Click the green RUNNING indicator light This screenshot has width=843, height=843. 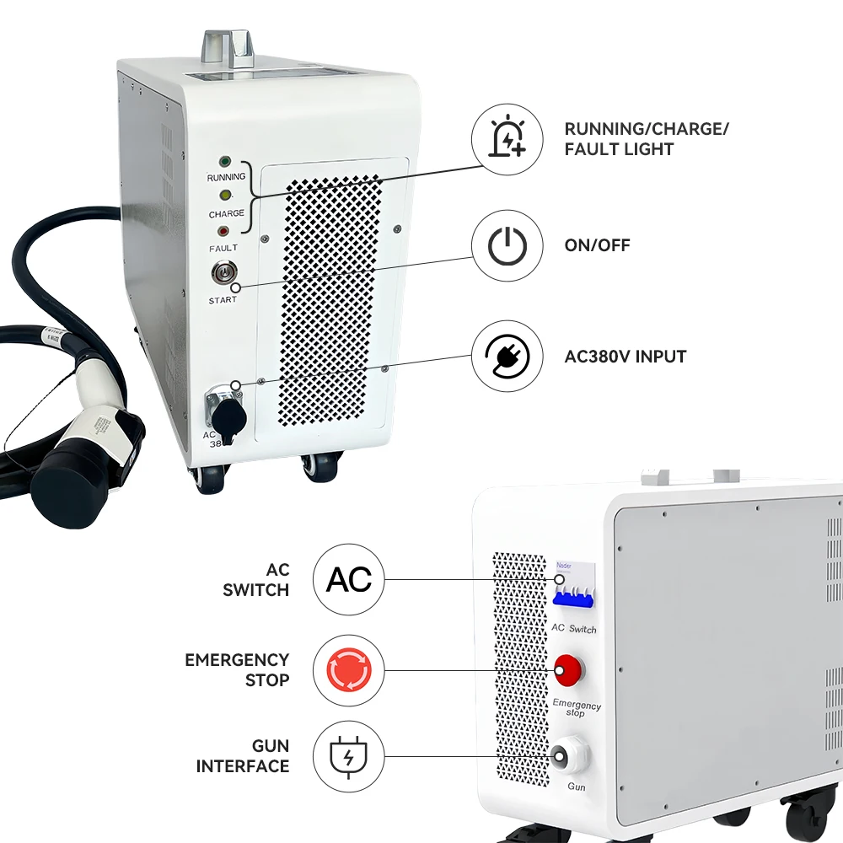click(x=225, y=161)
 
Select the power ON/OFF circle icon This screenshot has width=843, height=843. click(x=507, y=246)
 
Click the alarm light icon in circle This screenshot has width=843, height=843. click(x=507, y=138)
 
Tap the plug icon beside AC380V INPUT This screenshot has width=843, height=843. click(x=507, y=356)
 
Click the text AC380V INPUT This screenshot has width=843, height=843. click(x=625, y=356)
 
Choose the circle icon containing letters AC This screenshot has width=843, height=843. click(x=348, y=580)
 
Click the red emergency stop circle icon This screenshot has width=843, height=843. click(x=348, y=671)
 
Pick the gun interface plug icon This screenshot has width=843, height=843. click(x=348, y=756)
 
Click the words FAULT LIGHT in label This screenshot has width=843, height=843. click(x=619, y=149)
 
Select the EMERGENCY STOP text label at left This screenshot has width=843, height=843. click(x=237, y=669)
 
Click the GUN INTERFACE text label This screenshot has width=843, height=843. click(x=243, y=756)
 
